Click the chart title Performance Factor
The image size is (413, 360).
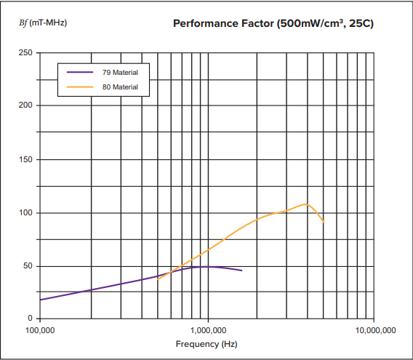(273, 24)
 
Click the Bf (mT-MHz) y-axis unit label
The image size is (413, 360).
(43, 23)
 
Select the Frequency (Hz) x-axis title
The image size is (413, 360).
(206, 343)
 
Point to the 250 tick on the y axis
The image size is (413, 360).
(25, 53)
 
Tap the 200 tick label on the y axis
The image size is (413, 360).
(25, 105)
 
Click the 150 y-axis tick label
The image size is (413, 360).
(25, 159)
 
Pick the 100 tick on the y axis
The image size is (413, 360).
(25, 212)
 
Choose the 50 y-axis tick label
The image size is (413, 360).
(27, 265)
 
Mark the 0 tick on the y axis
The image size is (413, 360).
(29, 319)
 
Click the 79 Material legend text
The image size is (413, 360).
(121, 73)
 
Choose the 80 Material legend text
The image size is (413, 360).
(121, 87)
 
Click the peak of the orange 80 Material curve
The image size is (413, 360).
(306, 204)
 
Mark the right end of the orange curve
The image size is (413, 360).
(324, 222)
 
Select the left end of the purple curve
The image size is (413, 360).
(40, 300)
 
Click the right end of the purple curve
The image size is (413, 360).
(242, 271)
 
